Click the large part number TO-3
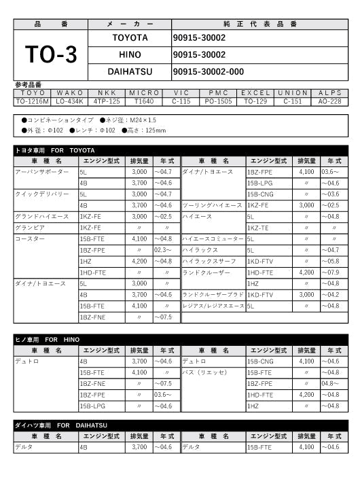click(51, 55)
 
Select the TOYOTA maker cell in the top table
click(130, 38)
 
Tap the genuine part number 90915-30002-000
click(208, 71)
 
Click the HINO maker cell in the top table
click(130, 54)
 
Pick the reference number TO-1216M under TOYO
click(32, 101)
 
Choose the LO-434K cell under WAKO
click(69, 101)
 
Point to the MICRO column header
click(144, 92)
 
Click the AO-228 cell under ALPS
click(330, 101)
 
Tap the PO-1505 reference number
click(219, 101)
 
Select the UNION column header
click(293, 92)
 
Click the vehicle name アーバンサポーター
click(42, 172)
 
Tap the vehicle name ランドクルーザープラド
click(213, 295)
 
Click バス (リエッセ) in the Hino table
click(204, 373)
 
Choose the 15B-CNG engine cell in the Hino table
click(261, 361)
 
